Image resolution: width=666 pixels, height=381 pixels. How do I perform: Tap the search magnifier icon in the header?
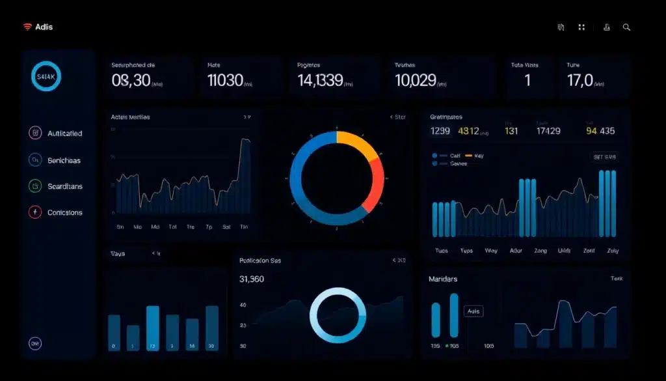[626, 27]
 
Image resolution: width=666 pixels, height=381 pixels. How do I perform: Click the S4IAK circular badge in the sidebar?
[46, 77]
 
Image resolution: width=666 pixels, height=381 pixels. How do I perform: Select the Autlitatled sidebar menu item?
[64, 134]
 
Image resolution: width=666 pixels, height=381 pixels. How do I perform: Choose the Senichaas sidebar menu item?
[64, 160]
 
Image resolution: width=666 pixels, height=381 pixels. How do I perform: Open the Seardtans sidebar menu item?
[64, 186]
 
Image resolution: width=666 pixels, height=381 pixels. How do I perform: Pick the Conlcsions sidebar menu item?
[64, 212]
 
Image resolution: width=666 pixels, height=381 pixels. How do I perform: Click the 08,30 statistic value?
[131, 81]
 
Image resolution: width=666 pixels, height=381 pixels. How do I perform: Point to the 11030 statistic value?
[225, 81]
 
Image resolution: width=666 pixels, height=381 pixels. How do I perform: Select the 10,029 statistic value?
[415, 81]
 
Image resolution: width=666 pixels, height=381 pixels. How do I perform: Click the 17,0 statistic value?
[580, 81]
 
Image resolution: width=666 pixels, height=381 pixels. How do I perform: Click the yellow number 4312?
[468, 131]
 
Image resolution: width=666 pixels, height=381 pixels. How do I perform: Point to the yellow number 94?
[591, 131]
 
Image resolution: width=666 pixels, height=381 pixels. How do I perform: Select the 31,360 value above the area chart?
[252, 279]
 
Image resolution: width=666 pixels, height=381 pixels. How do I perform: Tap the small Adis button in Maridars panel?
[473, 312]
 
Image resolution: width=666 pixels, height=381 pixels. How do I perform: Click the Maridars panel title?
[442, 279]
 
